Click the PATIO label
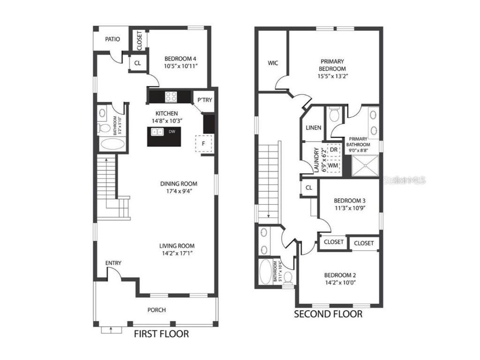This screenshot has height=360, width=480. point(112,39)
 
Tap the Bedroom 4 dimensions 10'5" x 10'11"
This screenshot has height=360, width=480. point(180,67)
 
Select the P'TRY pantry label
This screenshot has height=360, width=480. point(204,100)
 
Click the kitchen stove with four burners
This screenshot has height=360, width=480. point(171,97)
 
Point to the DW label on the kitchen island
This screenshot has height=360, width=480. point(172,132)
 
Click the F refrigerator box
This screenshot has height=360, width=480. point(203,143)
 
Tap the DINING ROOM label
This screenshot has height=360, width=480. point(179,184)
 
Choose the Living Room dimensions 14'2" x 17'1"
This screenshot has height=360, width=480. point(177,253)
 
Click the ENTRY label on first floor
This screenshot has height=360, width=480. point(113,263)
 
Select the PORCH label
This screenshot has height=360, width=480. point(157,310)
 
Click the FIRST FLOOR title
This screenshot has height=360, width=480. point(161,334)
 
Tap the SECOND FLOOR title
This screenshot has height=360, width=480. point(328,314)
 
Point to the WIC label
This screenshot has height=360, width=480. point(273,62)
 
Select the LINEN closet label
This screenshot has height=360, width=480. point(313,127)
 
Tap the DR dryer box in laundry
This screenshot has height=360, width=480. point(334,150)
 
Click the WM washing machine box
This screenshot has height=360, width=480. point(333,165)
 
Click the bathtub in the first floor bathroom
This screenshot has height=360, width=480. point(111,144)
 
